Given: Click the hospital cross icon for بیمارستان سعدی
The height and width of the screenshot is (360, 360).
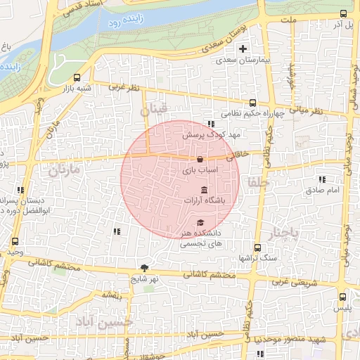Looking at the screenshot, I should (243, 49).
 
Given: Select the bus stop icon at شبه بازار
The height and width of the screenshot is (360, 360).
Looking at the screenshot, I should (77, 78).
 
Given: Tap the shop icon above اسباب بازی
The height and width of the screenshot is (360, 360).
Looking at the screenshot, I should (200, 159).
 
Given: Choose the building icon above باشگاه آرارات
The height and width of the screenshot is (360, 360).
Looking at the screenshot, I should (204, 190).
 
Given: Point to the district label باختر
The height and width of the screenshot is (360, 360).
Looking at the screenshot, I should (285, 232).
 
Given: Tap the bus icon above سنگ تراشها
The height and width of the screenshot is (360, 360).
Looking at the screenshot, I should (257, 247).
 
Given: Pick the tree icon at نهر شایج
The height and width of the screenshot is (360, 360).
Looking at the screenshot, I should (145, 267).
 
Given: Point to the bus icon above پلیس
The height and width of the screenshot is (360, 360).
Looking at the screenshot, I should (342, 297).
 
